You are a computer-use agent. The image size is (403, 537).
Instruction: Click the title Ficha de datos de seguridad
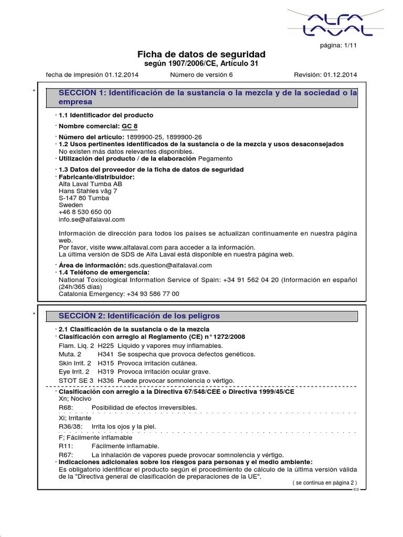(x=201, y=55)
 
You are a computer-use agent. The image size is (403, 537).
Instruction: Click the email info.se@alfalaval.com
(x=92, y=220)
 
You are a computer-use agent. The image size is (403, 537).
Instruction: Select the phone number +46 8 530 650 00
(x=85, y=212)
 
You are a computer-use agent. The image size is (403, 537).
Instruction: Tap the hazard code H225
(x=106, y=346)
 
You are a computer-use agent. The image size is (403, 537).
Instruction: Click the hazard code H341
(x=106, y=355)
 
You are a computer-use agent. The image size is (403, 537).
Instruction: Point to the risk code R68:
(x=66, y=407)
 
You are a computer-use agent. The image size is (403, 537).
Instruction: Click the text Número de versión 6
(x=201, y=75)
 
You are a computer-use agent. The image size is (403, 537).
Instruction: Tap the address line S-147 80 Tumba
(x=84, y=198)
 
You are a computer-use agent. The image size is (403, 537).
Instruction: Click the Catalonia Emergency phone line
(x=119, y=294)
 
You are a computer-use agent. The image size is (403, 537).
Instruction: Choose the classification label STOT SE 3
(x=76, y=380)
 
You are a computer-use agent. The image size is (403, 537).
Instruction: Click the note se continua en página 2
(x=324, y=482)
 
